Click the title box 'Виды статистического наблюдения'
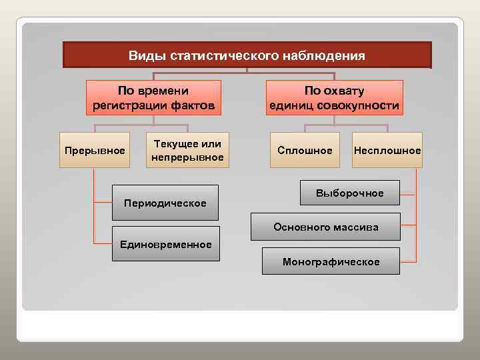[247, 55]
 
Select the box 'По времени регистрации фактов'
[153, 98]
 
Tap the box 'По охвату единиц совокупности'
[334, 98]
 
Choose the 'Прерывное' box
[95, 151]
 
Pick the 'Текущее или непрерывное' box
[187, 151]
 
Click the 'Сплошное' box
[305, 151]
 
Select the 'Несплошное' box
[387, 151]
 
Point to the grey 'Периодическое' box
[165, 203]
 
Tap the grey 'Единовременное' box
[165, 244]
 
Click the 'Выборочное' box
[350, 193]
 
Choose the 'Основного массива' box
[325, 227]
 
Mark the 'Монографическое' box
[331, 261]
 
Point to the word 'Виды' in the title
[143, 55]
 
